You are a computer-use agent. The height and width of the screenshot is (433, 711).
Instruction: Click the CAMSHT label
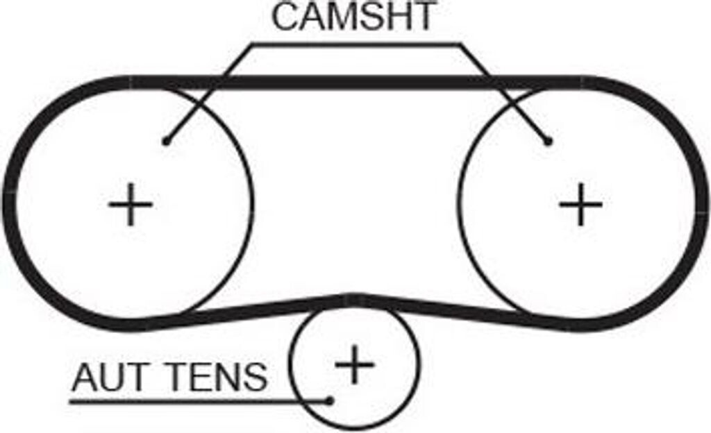pos(354,17)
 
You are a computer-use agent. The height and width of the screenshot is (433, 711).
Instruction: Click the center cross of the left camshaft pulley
pos(130,205)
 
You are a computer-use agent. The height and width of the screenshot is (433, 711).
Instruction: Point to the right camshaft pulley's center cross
pos(580,205)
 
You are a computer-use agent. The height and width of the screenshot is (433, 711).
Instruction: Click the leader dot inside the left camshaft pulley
pos(165,142)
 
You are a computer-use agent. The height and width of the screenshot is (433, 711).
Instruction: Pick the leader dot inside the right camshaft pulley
pos(548,142)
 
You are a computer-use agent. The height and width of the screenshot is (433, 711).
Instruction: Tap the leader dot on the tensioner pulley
pos(331,400)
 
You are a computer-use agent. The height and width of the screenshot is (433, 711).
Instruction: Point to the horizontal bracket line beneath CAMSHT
pos(354,45)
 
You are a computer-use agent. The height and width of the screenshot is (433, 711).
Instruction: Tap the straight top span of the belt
pos(354,83)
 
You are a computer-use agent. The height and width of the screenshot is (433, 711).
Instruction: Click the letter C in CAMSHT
pos(284,17)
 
